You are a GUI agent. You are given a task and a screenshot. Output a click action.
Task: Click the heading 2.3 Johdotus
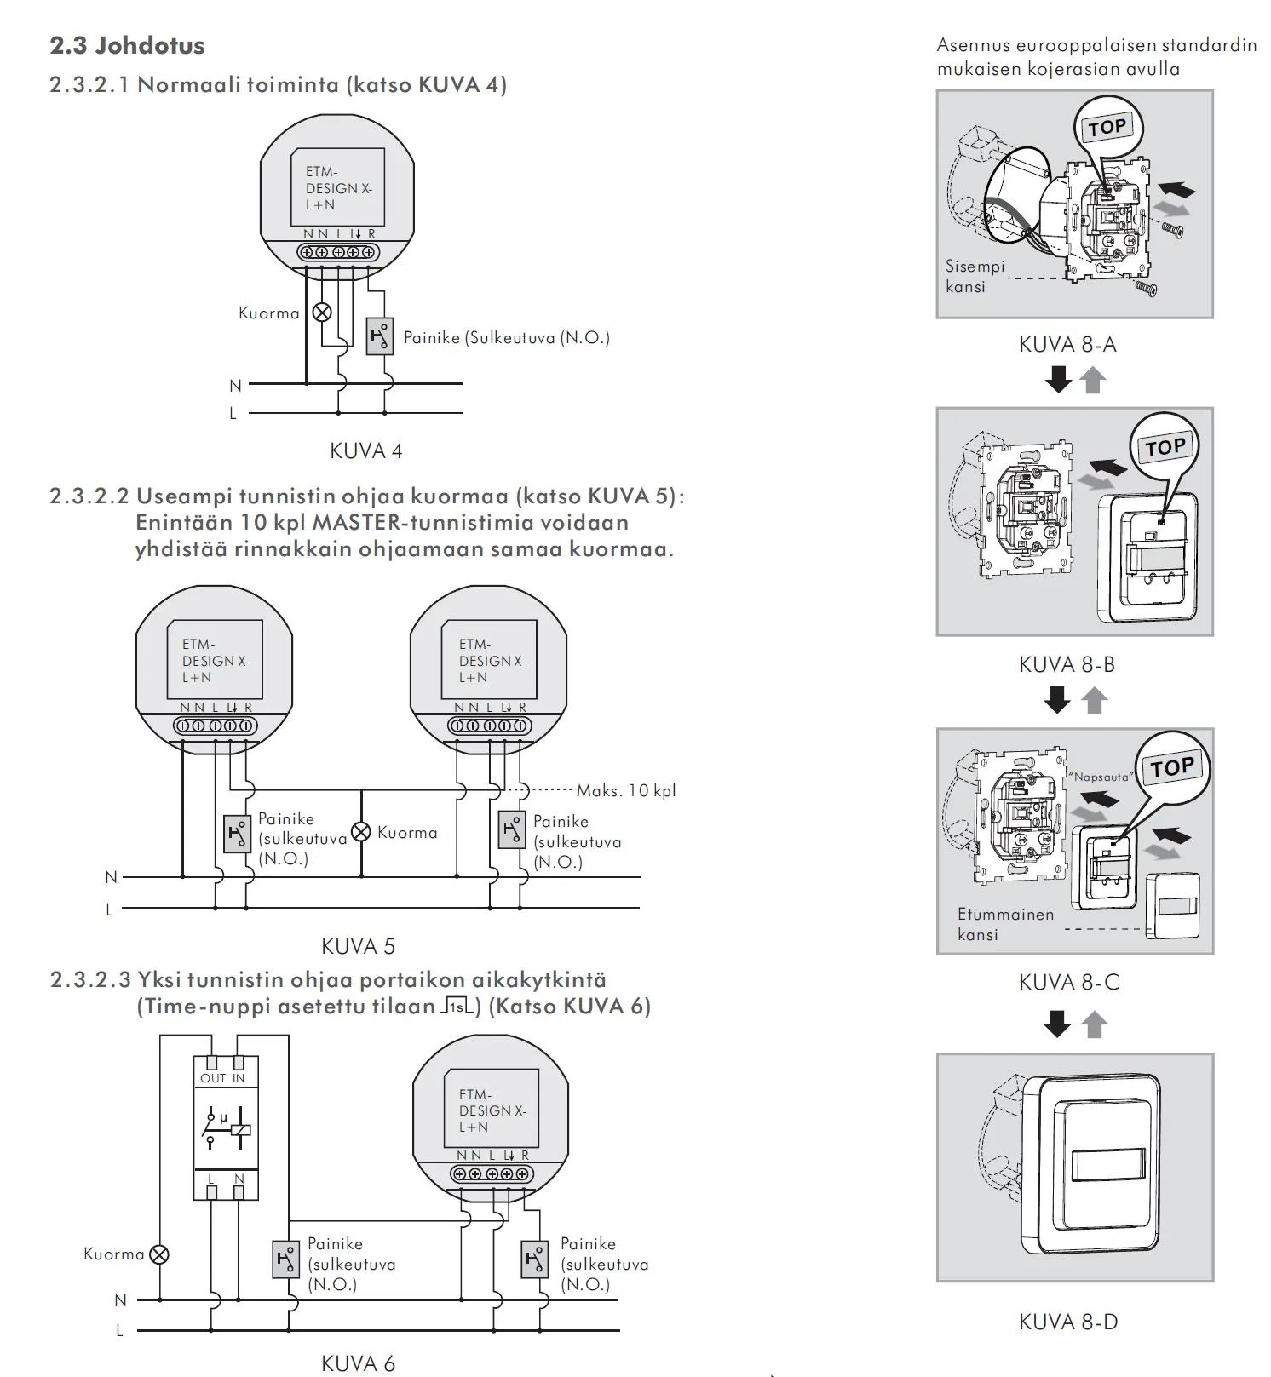click(127, 45)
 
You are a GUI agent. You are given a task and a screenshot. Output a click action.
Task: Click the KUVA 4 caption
click(365, 450)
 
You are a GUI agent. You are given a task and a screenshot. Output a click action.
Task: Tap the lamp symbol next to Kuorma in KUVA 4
click(322, 313)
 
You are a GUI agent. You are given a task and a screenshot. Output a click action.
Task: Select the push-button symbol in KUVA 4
click(380, 336)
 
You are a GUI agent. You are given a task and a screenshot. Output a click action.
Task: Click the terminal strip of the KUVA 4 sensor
click(337, 252)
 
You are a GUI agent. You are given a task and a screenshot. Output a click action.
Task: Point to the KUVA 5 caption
click(358, 946)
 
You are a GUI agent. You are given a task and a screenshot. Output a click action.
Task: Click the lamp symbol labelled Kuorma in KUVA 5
click(361, 832)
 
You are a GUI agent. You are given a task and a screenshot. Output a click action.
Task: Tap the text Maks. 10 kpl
click(626, 790)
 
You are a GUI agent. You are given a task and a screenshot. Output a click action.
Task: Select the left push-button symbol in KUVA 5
click(237, 834)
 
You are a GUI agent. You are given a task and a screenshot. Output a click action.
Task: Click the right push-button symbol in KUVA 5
click(512, 829)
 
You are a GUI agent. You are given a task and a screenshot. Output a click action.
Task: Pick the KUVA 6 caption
click(358, 1363)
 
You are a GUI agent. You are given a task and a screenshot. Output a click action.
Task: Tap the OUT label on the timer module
click(212, 1078)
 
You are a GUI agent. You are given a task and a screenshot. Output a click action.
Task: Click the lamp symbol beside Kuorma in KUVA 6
click(159, 1254)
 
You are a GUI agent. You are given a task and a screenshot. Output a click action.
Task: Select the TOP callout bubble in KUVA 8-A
click(1107, 128)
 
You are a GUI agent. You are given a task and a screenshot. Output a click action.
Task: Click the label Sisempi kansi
click(975, 277)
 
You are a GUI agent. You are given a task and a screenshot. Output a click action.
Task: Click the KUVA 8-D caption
click(1068, 1322)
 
